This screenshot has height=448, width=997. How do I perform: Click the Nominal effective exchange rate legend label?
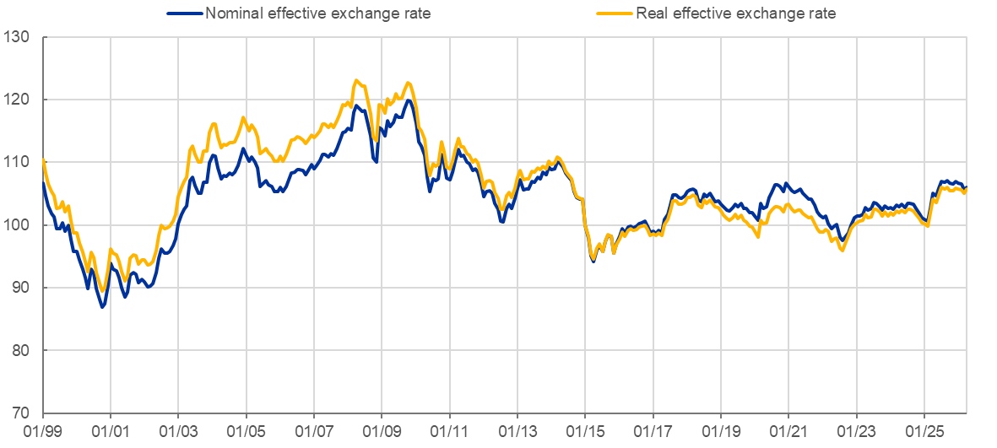(317, 13)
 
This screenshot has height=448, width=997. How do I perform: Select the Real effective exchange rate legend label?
(735, 13)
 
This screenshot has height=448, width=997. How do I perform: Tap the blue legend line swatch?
(185, 13)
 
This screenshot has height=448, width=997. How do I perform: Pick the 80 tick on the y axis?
(21, 350)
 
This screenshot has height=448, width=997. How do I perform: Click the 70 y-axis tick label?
(21, 413)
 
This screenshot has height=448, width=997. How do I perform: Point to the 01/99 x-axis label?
(43, 431)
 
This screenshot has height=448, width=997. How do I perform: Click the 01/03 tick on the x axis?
(179, 431)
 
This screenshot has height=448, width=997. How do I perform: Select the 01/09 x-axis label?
(382, 431)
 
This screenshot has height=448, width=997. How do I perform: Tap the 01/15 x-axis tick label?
(585, 431)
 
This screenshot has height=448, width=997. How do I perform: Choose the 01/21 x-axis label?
(788, 431)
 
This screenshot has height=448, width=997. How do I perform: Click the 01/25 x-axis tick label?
(924, 431)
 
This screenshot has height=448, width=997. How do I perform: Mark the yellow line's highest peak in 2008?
(357, 80)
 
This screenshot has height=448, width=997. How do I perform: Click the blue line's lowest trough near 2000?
(102, 307)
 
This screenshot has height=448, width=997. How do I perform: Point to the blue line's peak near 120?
(408, 100)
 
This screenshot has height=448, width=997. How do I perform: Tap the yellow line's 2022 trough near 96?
(843, 251)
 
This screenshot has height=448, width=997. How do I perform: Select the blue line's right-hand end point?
(965, 186)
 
